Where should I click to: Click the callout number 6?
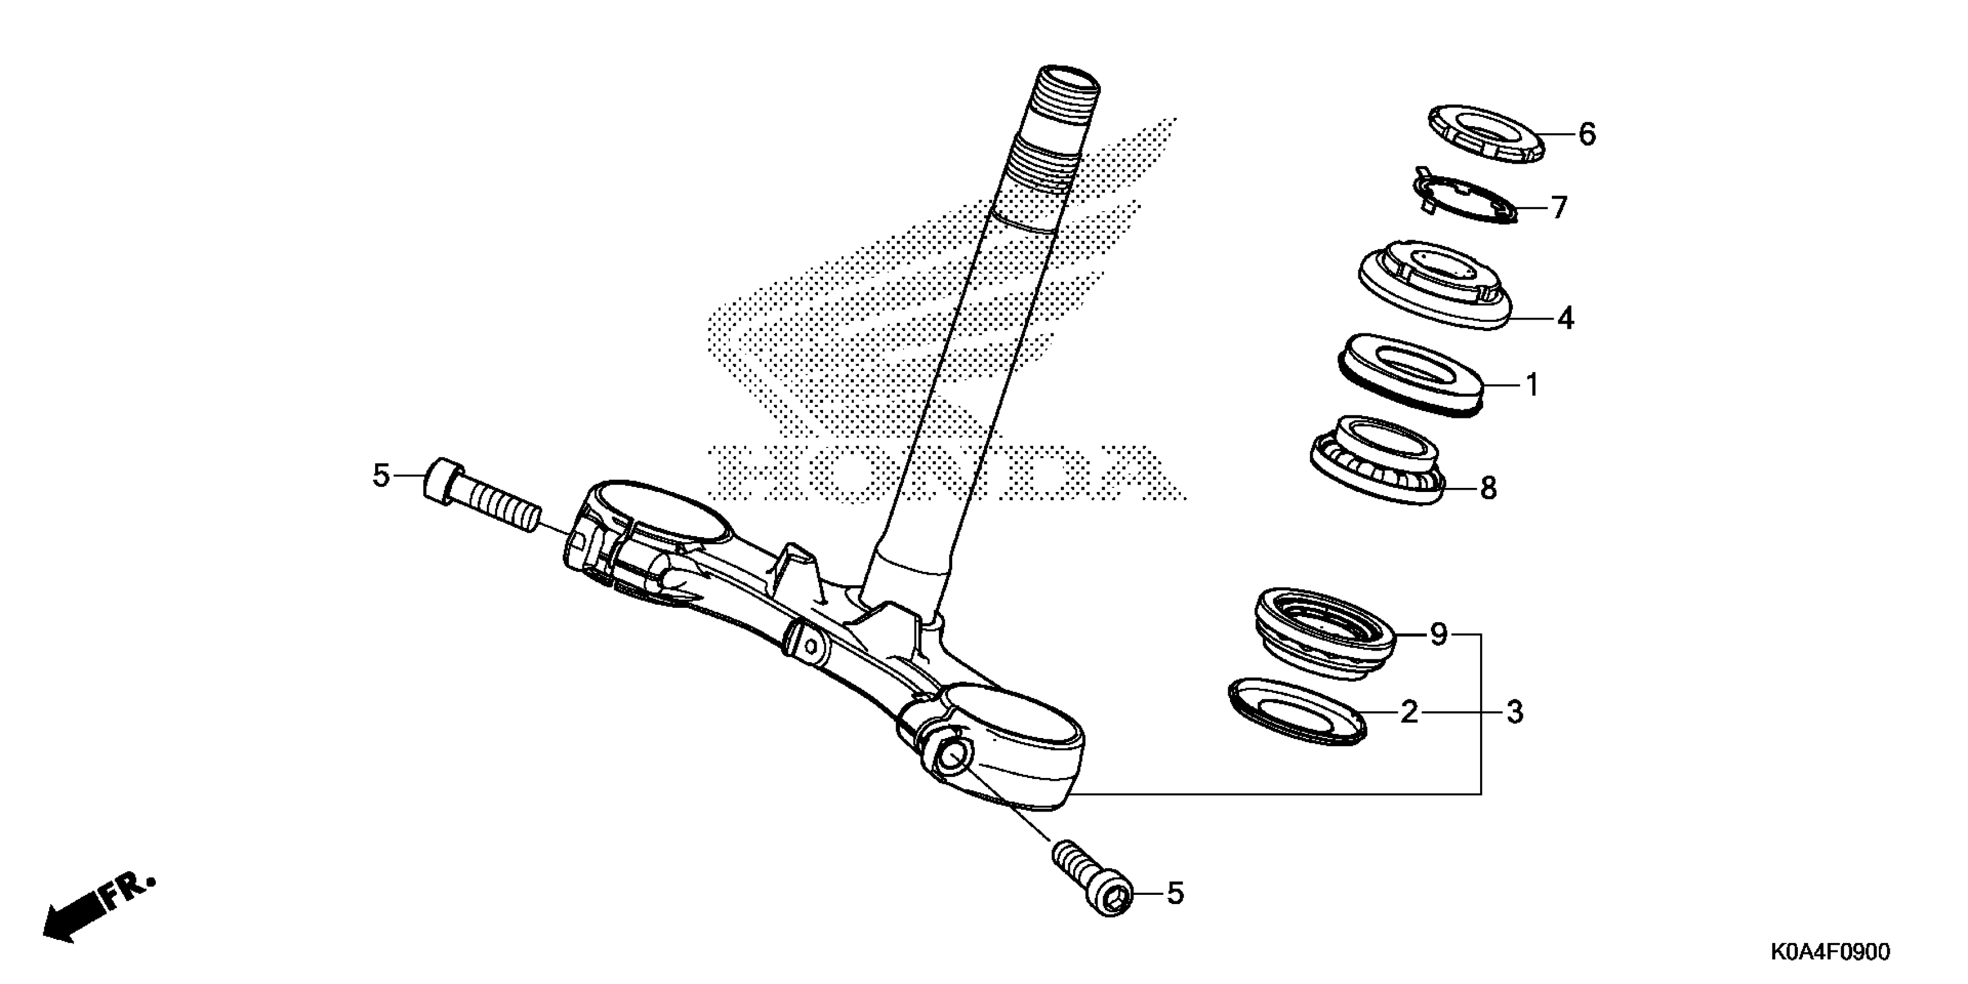click(1587, 134)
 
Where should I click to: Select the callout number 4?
click(1565, 318)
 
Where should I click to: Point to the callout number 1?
click(1532, 384)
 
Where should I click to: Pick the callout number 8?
click(1488, 487)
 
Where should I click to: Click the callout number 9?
click(1438, 634)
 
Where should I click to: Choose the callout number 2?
click(1409, 712)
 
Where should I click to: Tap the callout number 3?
click(1514, 712)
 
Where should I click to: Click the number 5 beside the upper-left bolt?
click(380, 476)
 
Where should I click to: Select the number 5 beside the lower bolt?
click(1175, 893)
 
